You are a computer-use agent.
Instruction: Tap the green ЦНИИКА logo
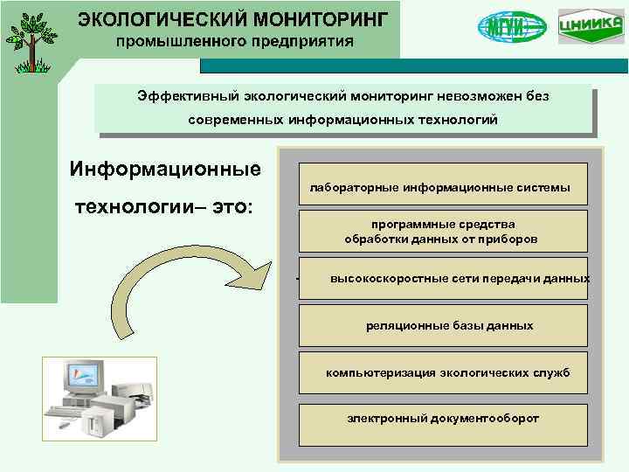(x=585, y=27)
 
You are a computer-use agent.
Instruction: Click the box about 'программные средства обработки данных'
(x=441, y=232)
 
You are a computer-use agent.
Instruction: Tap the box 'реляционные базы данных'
(x=441, y=326)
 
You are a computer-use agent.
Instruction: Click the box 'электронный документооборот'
(x=441, y=419)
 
